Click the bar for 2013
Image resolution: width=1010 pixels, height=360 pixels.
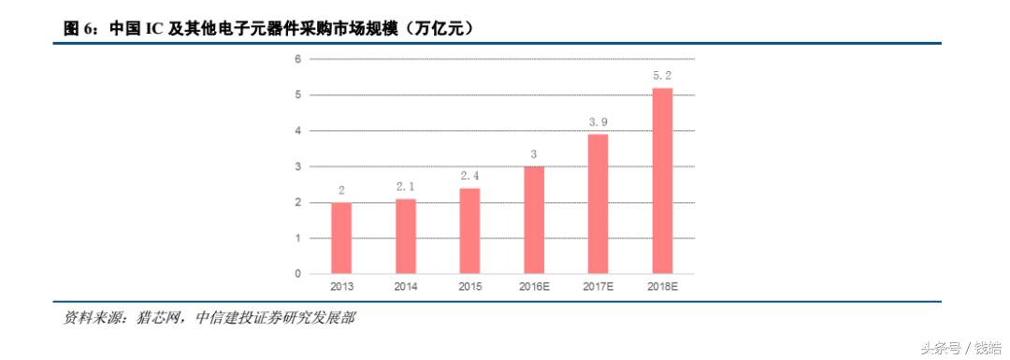[341, 238]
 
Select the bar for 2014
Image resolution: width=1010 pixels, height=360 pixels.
[406, 237]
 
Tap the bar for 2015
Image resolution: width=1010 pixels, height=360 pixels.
[469, 232]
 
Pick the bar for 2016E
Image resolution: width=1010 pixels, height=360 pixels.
[534, 221]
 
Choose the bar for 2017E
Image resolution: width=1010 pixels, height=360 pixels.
[598, 204]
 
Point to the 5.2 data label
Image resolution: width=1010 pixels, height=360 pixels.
[662, 76]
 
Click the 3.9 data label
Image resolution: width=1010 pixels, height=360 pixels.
[598, 122]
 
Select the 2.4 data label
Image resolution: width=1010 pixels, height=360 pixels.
[469, 176]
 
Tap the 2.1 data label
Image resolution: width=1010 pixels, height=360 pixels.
[406, 187]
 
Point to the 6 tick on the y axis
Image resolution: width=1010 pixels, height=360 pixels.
[297, 59]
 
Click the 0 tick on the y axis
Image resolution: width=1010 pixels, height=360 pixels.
[297, 274]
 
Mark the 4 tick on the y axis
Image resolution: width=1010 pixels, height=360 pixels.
[297, 131]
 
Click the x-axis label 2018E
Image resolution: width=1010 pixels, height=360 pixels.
[662, 287]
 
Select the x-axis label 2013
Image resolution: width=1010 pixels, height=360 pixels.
[341, 287]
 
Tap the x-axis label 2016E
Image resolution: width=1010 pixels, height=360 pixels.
[534, 287]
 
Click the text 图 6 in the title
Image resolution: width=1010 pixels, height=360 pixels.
[79, 29]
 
